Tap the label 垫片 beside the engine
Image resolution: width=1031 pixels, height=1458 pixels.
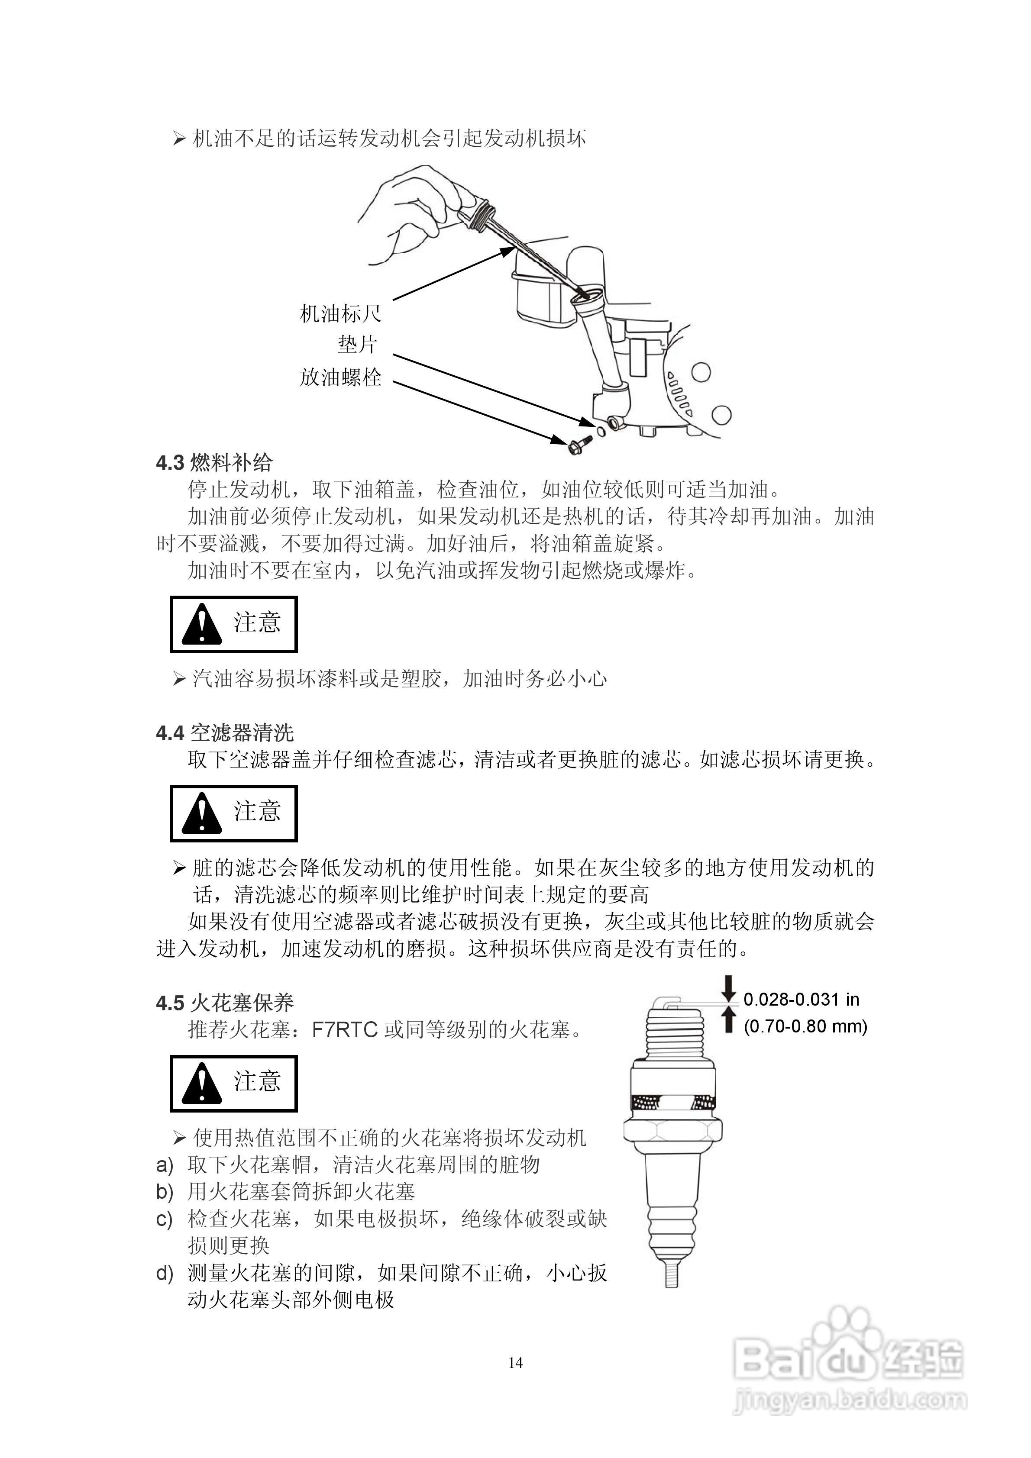(358, 345)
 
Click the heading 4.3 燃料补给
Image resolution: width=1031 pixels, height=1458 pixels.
(214, 462)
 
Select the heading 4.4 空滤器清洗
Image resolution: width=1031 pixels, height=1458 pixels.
(225, 733)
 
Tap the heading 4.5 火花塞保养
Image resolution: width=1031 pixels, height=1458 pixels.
(225, 1003)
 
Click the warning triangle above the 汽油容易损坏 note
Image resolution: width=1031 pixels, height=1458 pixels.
(201, 625)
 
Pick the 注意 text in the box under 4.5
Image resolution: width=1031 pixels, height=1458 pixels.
(257, 1081)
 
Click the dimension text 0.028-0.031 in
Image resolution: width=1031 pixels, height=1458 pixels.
(801, 1000)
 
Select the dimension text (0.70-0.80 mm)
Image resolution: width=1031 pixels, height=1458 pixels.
(805, 1026)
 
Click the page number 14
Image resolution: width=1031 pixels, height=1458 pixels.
(516, 1363)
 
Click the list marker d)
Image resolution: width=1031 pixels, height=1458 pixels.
(165, 1273)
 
